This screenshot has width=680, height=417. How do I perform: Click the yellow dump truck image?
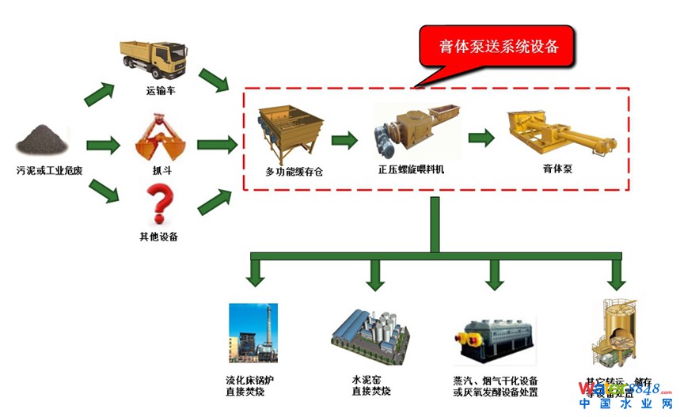pyautogui.click(x=154, y=58)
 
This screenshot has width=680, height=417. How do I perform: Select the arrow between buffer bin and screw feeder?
pyautogui.click(x=344, y=141)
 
